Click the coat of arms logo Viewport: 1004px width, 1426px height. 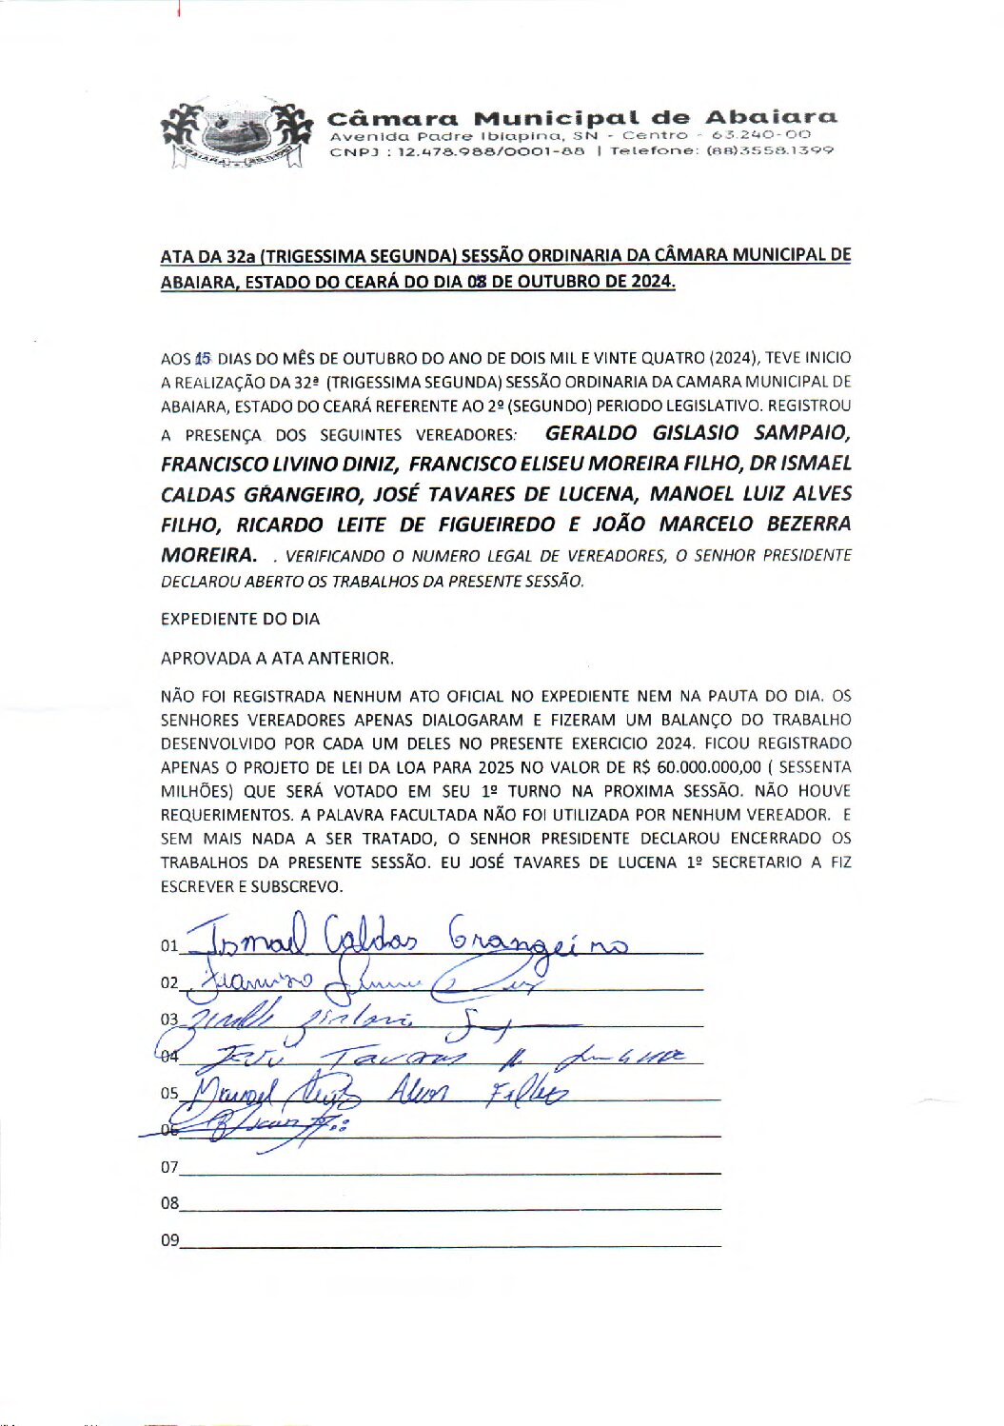pos(237,134)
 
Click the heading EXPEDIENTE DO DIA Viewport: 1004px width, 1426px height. pos(240,619)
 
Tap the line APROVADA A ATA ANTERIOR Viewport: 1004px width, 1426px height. pos(277,658)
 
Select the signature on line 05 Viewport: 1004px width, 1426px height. pos(381,1091)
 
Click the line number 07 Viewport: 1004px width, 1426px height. pos(169,1167)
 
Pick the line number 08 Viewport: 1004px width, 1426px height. pos(169,1203)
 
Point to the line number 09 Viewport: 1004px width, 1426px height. pos(169,1240)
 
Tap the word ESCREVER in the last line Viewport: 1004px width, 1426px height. pos(196,886)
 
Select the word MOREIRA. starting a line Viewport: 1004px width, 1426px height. pos(208,555)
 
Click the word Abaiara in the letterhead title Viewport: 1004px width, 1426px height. pos(771,118)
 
